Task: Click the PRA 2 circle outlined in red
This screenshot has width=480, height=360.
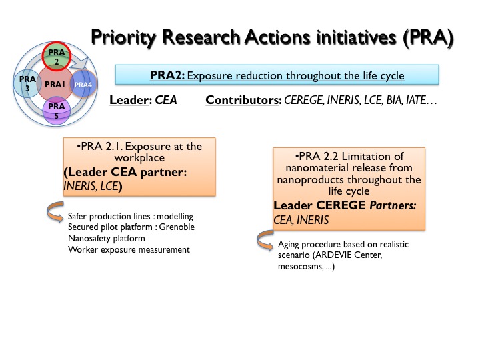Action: [x=56, y=56]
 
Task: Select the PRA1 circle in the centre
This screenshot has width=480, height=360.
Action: [x=55, y=84]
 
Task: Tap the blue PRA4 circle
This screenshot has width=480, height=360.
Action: [x=83, y=84]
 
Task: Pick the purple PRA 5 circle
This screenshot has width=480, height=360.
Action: [x=56, y=111]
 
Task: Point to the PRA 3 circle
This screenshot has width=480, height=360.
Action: [x=27, y=83]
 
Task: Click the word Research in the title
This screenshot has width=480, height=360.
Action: [x=201, y=37]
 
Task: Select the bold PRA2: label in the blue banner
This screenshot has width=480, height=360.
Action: [x=167, y=75]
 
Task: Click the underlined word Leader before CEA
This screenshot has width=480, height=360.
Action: [x=129, y=100]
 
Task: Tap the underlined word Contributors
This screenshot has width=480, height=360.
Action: [x=242, y=100]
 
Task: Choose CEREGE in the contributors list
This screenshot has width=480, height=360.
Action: [x=303, y=100]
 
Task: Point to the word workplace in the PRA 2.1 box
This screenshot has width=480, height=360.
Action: [x=139, y=158]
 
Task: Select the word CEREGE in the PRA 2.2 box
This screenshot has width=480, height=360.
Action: [x=341, y=205]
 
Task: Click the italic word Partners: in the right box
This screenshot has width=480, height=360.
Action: [x=393, y=205]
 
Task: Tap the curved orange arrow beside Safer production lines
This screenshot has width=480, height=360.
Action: [x=55, y=211]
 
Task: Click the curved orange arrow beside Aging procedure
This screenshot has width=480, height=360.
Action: [x=265, y=240]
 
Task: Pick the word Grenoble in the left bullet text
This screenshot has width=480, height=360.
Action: [x=177, y=227]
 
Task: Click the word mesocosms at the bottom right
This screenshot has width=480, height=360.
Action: [x=300, y=267]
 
